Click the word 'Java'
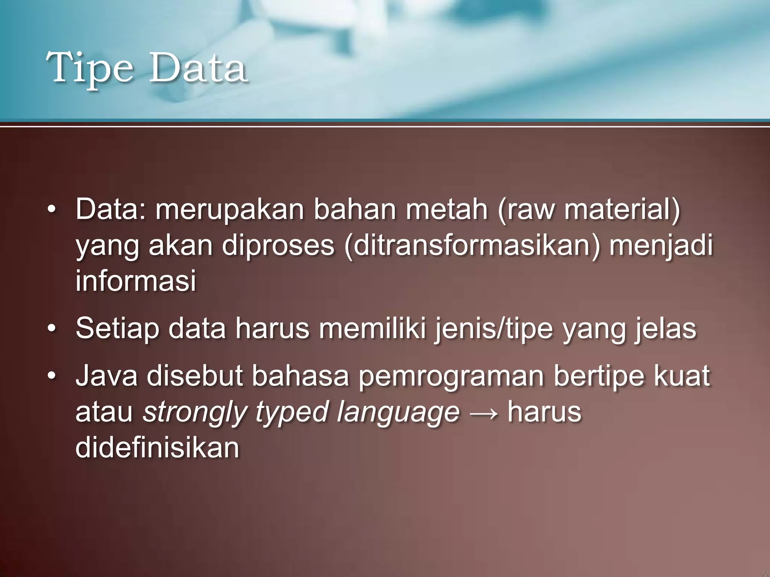coord(107,376)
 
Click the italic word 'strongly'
coord(194,412)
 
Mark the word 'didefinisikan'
coord(157,447)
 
